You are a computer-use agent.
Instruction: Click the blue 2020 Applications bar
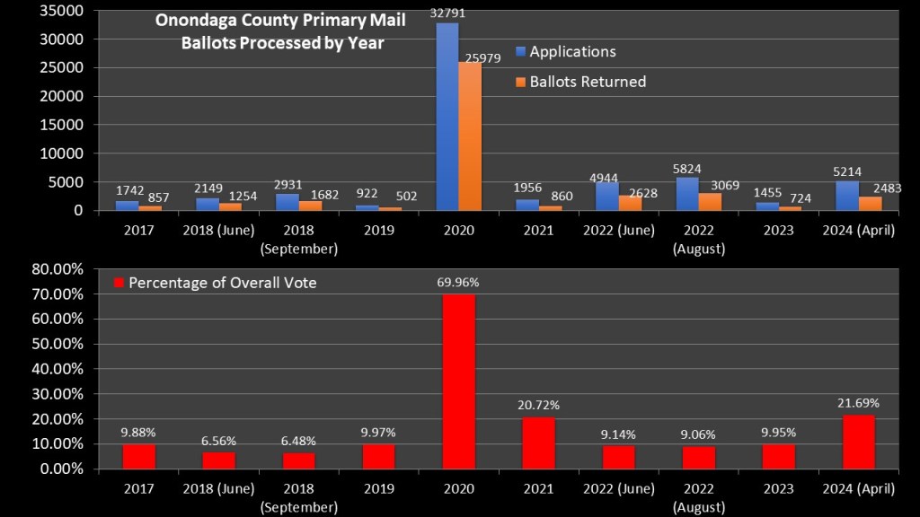(x=447, y=117)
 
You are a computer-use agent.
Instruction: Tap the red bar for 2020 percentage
(x=459, y=381)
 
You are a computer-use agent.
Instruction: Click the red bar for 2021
(x=539, y=443)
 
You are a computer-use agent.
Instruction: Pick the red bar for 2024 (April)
(x=858, y=441)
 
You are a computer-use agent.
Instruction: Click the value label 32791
(x=447, y=13)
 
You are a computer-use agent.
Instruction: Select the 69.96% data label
(x=460, y=282)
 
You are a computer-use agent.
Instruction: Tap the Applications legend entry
(x=572, y=52)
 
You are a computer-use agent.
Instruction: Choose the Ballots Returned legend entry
(x=588, y=82)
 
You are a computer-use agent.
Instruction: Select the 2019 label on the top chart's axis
(x=379, y=230)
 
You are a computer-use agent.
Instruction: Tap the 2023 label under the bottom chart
(x=778, y=488)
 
